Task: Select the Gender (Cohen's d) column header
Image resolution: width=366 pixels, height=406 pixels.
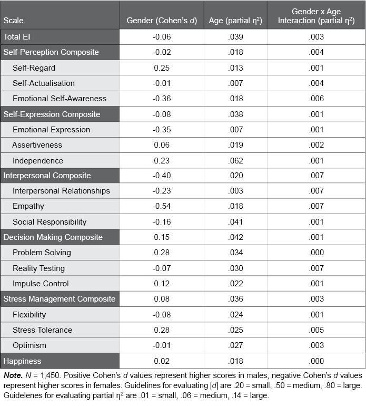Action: [162, 21]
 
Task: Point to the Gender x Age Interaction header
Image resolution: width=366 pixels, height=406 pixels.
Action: [316, 16]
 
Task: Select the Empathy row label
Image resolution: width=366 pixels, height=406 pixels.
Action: [28, 206]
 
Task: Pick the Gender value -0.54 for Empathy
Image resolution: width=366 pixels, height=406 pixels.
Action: [162, 206]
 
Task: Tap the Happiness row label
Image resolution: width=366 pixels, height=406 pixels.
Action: [23, 361]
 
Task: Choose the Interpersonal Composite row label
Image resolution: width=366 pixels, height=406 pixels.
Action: [47, 176]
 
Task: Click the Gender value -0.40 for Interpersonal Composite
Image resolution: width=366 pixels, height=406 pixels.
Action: [162, 176]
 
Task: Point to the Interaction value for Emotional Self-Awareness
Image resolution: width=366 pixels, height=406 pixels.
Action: [316, 99]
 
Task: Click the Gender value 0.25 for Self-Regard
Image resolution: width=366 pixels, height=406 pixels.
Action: [162, 68]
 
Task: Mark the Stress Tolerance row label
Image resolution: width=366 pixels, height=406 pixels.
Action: [43, 330]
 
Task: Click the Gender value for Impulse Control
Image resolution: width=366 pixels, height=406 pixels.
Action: [162, 284]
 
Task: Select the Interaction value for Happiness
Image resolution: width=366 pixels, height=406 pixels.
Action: [316, 361]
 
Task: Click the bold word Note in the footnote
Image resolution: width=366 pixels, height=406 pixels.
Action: [13, 376]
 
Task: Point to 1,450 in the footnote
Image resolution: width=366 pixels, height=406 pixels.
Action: [46, 376]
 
